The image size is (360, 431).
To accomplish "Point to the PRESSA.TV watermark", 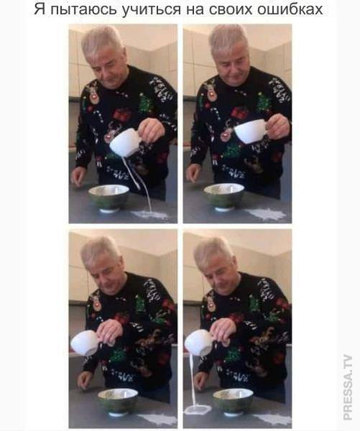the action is (348, 387).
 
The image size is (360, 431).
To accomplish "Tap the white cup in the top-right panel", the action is (251, 131).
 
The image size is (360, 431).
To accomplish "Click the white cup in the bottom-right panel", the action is (200, 342).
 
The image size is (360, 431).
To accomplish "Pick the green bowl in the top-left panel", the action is (109, 198).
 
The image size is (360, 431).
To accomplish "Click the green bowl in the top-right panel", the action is (224, 197).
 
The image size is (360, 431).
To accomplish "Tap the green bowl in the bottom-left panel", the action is (119, 402).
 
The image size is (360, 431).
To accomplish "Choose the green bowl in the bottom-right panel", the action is (234, 402).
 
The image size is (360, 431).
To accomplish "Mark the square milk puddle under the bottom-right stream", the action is (197, 410).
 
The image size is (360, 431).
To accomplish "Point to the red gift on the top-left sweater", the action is (121, 113).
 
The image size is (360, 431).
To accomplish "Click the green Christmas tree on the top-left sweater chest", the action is (145, 103).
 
